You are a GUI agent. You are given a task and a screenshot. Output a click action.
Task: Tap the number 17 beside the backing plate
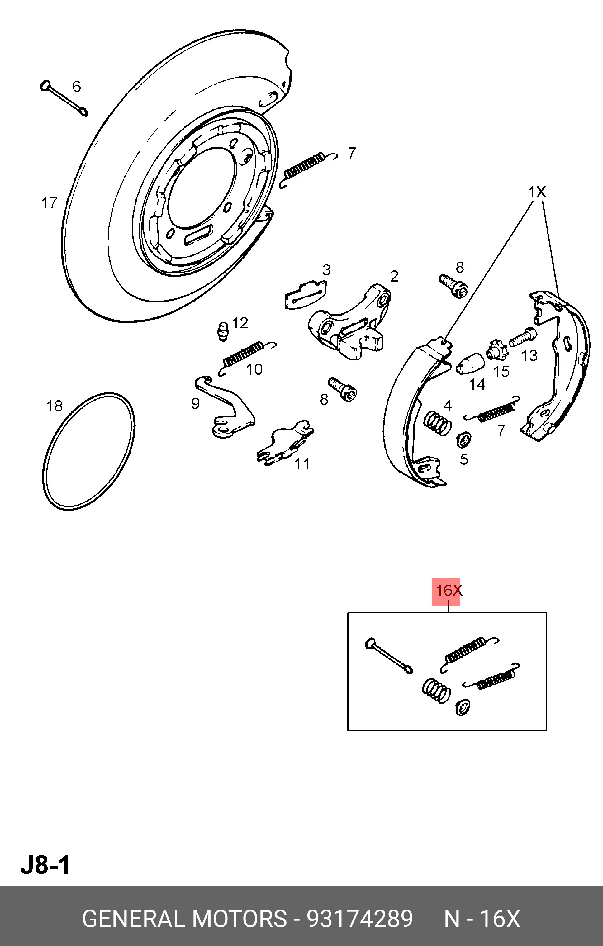(49, 203)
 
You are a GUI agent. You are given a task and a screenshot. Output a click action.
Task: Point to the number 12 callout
(240, 323)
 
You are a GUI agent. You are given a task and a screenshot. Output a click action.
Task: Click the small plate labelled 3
(305, 294)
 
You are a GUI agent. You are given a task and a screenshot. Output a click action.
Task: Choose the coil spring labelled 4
(437, 423)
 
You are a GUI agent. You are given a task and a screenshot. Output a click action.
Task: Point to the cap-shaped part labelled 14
(470, 364)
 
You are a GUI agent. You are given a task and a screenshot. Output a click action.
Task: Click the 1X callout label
(537, 193)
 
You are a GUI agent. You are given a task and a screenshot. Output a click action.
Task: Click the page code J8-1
(45, 865)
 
